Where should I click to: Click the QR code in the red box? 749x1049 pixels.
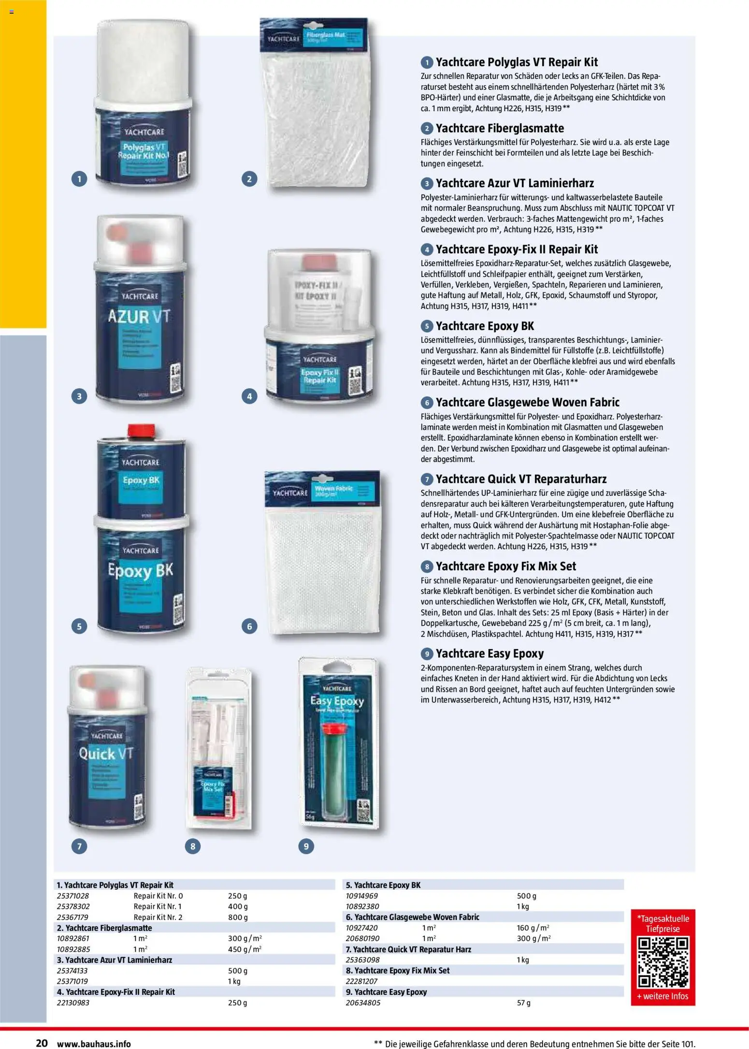click(663, 963)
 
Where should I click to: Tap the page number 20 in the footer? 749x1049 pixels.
click(42, 1043)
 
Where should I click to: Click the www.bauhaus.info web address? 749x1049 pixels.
click(94, 1044)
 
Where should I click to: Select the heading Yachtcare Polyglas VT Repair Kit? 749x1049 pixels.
click(517, 62)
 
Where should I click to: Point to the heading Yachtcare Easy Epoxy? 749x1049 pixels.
click(490, 654)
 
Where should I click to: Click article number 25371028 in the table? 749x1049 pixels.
click(73, 896)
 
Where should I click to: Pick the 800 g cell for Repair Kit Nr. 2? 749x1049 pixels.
click(238, 917)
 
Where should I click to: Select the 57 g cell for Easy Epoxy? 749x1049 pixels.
click(523, 1003)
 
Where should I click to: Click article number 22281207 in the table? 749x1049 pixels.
click(362, 981)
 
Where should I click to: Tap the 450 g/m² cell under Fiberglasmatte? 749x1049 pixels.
click(245, 949)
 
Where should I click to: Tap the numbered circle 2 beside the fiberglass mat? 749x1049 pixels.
click(249, 179)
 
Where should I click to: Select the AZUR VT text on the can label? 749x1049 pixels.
click(139, 317)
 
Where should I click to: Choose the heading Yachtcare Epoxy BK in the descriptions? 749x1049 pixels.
click(485, 326)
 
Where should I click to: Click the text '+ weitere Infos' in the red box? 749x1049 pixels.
click(663, 996)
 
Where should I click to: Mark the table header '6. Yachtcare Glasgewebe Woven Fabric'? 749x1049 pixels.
click(412, 917)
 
